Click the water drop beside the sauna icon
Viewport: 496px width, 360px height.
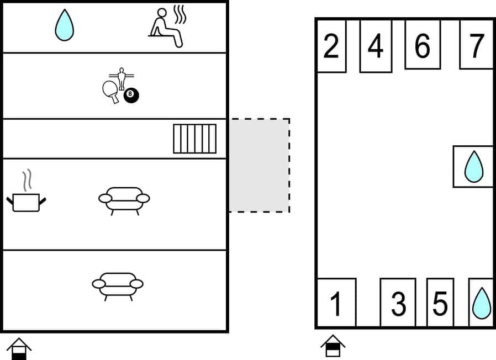[65, 25]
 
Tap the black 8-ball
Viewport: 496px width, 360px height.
[131, 96]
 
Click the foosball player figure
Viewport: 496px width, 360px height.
[122, 78]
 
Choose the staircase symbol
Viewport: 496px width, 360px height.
[194, 139]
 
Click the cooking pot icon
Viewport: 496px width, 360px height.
[26, 202]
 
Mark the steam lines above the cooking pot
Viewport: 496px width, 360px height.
[27, 180]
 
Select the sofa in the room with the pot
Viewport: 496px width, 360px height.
[124, 200]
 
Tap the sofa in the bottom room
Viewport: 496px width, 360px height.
[118, 285]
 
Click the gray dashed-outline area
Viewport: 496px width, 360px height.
[259, 165]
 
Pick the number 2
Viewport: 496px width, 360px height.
[331, 46]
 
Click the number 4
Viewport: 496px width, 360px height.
[376, 46]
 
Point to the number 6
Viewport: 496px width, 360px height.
[423, 46]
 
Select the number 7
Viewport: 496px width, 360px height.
[476, 46]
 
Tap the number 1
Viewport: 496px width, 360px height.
[336, 303]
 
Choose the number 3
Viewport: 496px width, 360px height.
[398, 303]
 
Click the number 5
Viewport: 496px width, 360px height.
[440, 303]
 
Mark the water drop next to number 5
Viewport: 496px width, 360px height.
[481, 303]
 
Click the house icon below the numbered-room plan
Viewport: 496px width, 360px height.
[333, 346]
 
